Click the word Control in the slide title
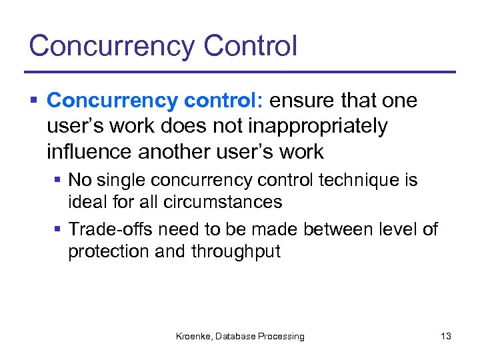tap(250, 45)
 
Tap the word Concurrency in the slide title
tap(111, 47)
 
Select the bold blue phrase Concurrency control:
tap(156, 101)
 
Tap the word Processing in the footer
tap(280, 337)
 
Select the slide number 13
tap(445, 337)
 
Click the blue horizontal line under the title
tap(240, 72)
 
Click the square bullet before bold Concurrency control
tap(33, 101)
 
